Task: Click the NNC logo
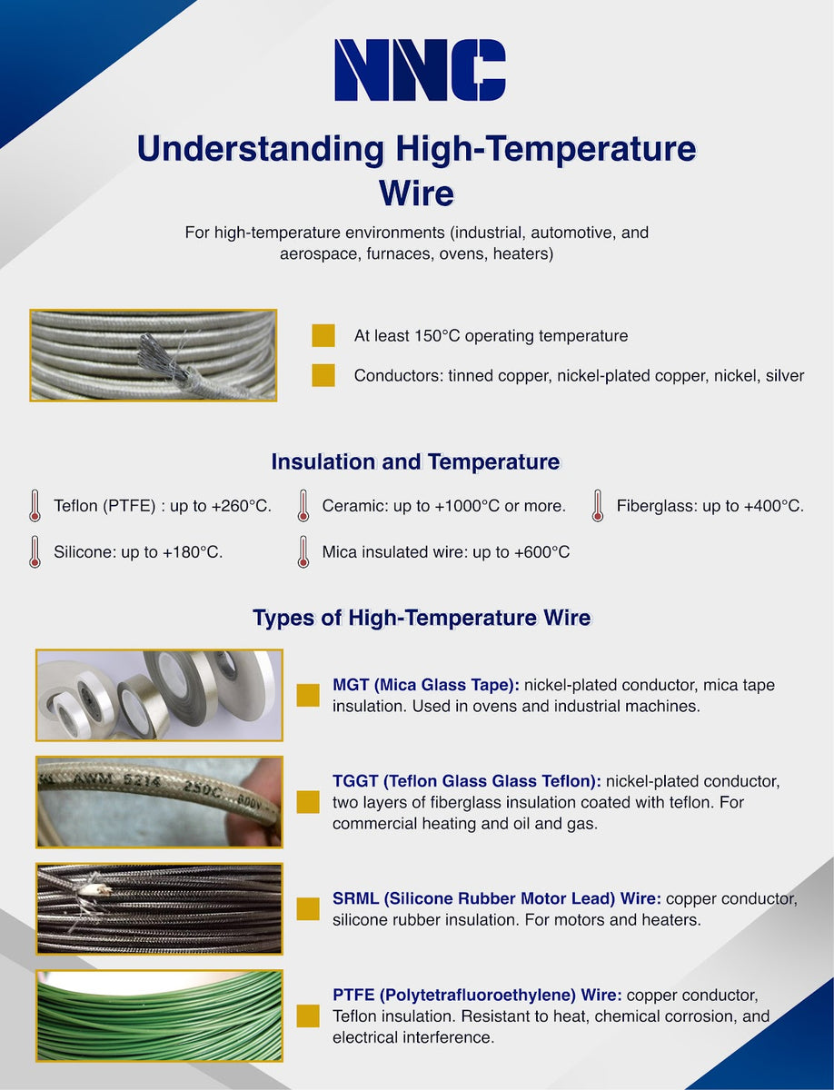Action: click(x=420, y=70)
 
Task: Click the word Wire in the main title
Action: click(x=416, y=193)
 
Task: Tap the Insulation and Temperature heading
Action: click(x=415, y=461)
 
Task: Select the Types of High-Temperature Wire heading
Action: click(x=422, y=619)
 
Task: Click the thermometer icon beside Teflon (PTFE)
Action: click(x=35, y=506)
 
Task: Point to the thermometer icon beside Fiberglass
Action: click(x=598, y=506)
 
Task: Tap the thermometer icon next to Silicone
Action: click(x=35, y=551)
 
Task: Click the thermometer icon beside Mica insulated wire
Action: click(x=303, y=551)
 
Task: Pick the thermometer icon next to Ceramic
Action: click(x=303, y=506)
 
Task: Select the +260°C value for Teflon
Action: click(x=241, y=506)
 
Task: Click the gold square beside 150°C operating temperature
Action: click(x=323, y=336)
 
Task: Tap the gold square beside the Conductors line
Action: click(x=323, y=375)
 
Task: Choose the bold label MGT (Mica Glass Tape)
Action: click(x=426, y=685)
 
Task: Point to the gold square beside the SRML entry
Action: click(x=308, y=909)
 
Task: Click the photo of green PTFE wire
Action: click(x=159, y=1016)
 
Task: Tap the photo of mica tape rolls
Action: click(x=159, y=695)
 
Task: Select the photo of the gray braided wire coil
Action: click(x=153, y=355)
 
